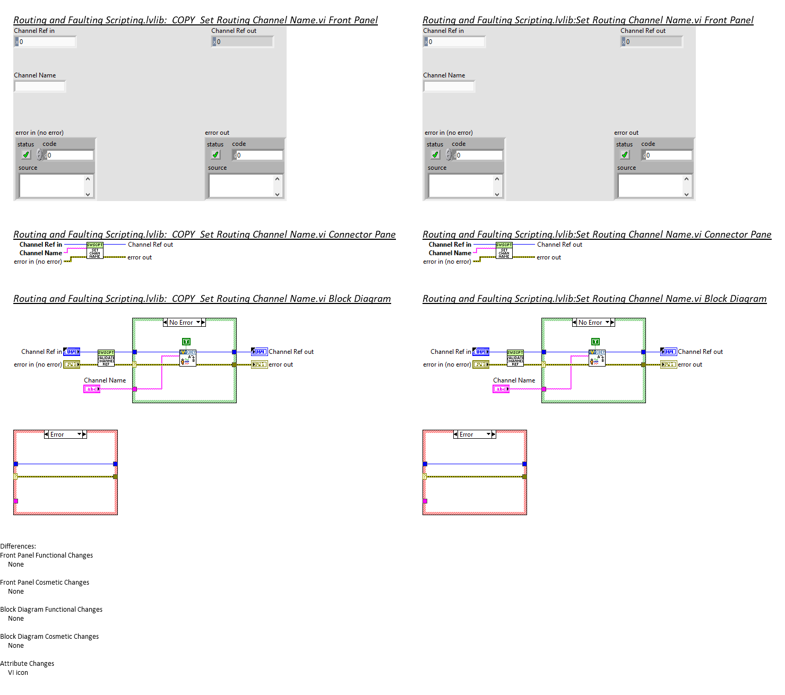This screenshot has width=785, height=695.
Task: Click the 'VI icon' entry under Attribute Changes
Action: tap(18, 673)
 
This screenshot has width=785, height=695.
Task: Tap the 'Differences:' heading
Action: tap(18, 546)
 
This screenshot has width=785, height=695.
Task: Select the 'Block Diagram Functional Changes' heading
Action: tap(51, 610)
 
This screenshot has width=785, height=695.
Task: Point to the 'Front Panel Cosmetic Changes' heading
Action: tap(45, 583)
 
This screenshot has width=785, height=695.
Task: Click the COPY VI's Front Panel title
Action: tap(195, 20)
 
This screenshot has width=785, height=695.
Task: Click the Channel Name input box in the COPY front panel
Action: tap(40, 86)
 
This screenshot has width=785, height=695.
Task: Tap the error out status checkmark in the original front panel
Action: tap(625, 155)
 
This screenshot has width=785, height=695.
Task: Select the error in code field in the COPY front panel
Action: tap(70, 155)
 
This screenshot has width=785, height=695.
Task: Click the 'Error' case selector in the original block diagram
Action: tap(474, 435)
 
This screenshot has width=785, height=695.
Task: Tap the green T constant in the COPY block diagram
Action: tap(186, 342)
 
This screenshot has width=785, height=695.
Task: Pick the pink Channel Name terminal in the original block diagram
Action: tap(501, 389)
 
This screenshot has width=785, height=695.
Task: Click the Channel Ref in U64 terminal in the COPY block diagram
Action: tap(72, 352)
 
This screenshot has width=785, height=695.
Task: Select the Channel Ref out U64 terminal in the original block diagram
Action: tap(668, 352)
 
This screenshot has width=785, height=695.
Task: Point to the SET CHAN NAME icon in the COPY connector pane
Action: tap(95, 251)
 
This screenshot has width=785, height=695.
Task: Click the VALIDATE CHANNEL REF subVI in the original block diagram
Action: tap(515, 358)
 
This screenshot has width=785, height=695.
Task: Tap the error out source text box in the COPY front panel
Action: tap(241, 186)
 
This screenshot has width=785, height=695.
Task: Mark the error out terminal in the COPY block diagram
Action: tap(259, 364)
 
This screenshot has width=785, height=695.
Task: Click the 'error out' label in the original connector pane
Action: tap(549, 257)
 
